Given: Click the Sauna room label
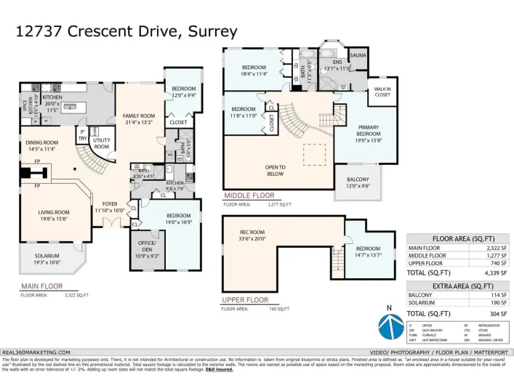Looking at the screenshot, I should (358, 56).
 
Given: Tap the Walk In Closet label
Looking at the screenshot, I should (382, 92).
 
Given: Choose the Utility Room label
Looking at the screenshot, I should (102, 144).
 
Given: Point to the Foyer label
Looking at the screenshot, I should (110, 207).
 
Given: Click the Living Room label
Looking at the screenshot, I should (54, 215).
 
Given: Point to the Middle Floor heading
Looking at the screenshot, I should (249, 195).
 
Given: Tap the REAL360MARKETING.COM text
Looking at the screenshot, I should (37, 352).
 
